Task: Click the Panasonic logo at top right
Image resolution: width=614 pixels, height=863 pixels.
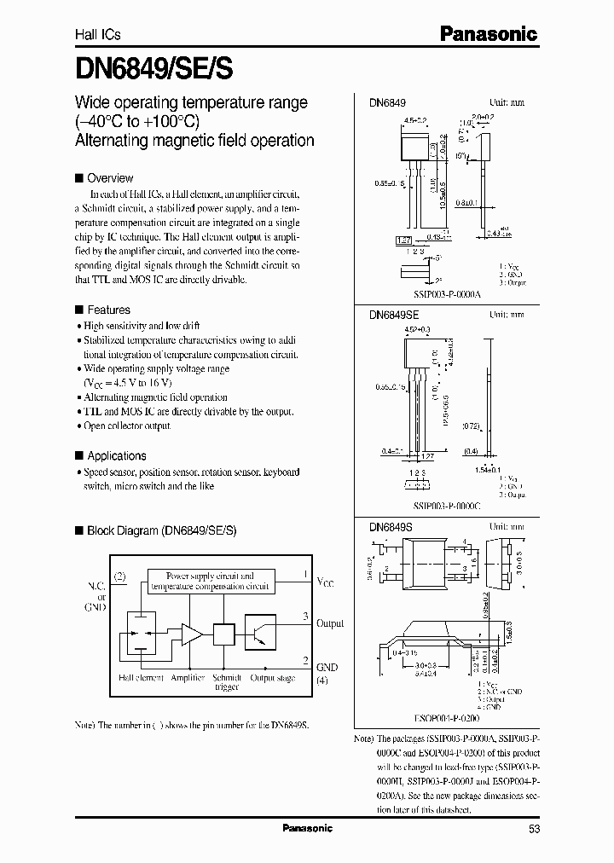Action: (x=488, y=34)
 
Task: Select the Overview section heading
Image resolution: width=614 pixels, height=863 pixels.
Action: (x=110, y=178)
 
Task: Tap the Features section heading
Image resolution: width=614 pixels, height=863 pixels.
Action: (x=108, y=310)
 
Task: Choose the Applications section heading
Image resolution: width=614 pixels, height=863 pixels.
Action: (x=116, y=455)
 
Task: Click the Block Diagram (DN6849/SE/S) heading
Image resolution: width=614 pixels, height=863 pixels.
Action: (x=161, y=530)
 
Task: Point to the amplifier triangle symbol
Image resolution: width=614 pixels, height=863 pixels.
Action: (x=191, y=634)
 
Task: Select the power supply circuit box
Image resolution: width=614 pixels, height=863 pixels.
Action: (x=210, y=581)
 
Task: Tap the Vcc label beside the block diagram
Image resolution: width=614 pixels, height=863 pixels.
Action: (x=327, y=582)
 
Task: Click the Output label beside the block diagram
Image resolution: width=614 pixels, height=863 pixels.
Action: (x=329, y=623)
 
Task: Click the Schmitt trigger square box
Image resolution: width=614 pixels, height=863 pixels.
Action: (x=224, y=634)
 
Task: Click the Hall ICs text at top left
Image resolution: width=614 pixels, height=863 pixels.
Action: (x=98, y=35)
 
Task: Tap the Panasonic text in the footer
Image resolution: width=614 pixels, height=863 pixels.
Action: (x=307, y=828)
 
